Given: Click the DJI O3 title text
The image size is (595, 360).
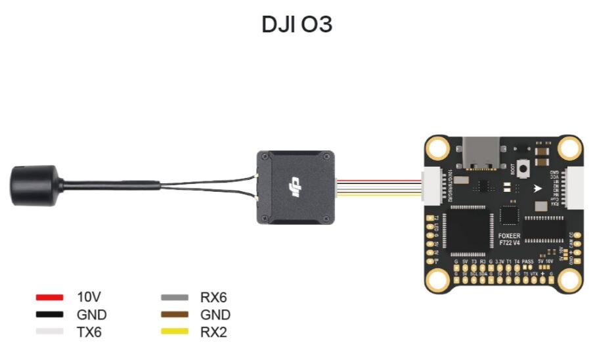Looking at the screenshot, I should [x=297, y=24].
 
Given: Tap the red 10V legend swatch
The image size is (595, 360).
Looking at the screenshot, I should [x=49, y=298].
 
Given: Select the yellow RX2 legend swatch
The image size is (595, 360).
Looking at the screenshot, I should [x=175, y=332].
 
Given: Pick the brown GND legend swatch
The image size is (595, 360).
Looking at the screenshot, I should [x=175, y=315].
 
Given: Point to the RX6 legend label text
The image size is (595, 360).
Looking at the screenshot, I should [x=213, y=298].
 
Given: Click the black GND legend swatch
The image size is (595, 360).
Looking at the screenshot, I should [x=49, y=315].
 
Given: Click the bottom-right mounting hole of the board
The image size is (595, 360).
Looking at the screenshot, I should [x=571, y=281].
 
